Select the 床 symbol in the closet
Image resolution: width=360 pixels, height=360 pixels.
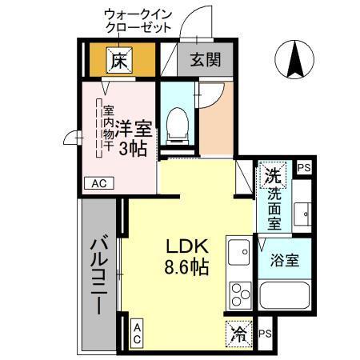(x=119, y=59)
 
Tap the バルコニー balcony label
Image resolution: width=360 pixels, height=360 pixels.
(x=98, y=276)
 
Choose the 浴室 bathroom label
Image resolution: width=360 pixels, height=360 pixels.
(x=284, y=261)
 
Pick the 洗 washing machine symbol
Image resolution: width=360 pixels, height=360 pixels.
(x=273, y=174)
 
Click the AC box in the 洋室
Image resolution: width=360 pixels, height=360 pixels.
(x=98, y=183)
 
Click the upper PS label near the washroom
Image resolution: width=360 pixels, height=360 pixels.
(x=303, y=168)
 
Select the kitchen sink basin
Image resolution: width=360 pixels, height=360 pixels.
(x=239, y=254)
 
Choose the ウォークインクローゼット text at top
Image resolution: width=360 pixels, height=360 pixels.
(x=140, y=20)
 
